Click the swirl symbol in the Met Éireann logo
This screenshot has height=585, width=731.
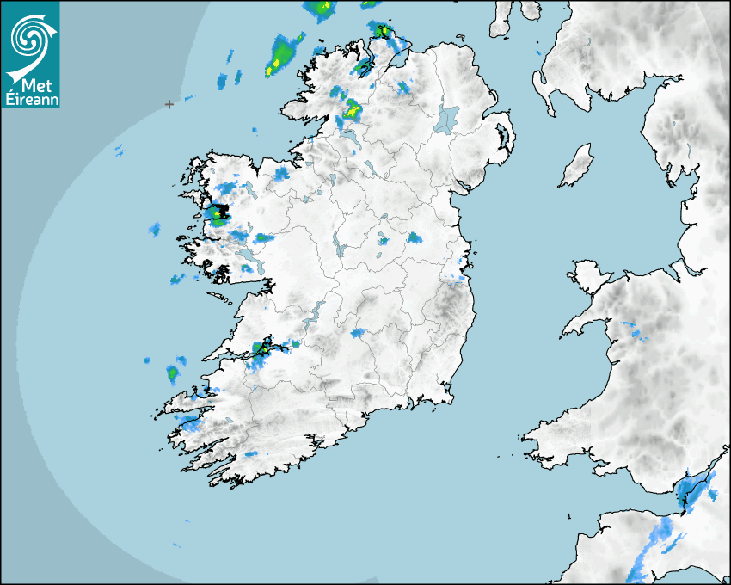click(x=28, y=37)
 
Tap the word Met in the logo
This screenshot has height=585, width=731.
click(x=36, y=85)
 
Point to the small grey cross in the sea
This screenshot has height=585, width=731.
click(x=169, y=104)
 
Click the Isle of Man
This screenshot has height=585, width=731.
click(x=577, y=165)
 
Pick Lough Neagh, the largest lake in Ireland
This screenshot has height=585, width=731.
click(x=447, y=118)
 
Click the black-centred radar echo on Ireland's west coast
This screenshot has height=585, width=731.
click(x=219, y=212)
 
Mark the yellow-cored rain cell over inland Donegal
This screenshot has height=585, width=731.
click(x=352, y=109)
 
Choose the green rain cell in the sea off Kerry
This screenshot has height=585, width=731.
click(x=173, y=373)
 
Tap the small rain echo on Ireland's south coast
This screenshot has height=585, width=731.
click(x=251, y=453)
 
